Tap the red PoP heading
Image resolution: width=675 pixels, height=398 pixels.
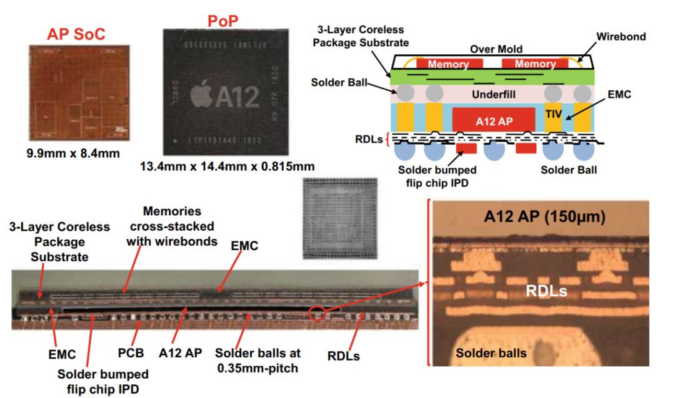223,23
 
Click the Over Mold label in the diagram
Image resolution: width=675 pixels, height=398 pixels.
497,49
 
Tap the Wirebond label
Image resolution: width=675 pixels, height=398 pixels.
621,37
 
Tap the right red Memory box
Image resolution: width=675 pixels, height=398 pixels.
535,64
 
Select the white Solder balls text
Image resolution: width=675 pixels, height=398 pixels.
491,353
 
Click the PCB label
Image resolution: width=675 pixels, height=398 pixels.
131,353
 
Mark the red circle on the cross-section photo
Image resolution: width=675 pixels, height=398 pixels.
319,314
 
